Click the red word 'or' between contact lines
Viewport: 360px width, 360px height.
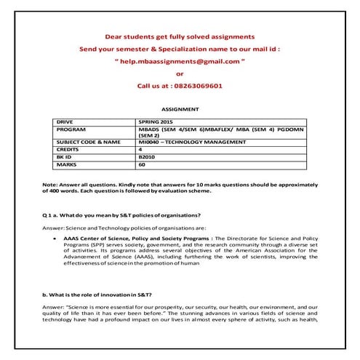pos(180,73)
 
